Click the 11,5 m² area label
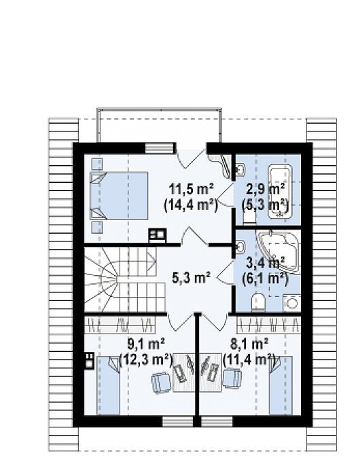point(192,189)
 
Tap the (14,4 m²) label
point(191,205)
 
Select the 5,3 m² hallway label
point(191,278)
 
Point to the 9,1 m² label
point(146,343)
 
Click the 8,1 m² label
point(249,343)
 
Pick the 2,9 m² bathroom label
point(265,189)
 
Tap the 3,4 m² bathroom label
point(265,262)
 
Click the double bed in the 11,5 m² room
point(119,196)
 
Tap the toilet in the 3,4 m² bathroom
point(259,302)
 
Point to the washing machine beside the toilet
point(291,303)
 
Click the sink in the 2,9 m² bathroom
point(240,171)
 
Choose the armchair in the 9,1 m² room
point(160,383)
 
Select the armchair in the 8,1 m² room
point(232,379)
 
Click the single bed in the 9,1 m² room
point(109,386)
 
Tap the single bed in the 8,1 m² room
point(281,386)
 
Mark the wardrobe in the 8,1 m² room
point(269,325)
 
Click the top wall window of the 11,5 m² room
point(159,148)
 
